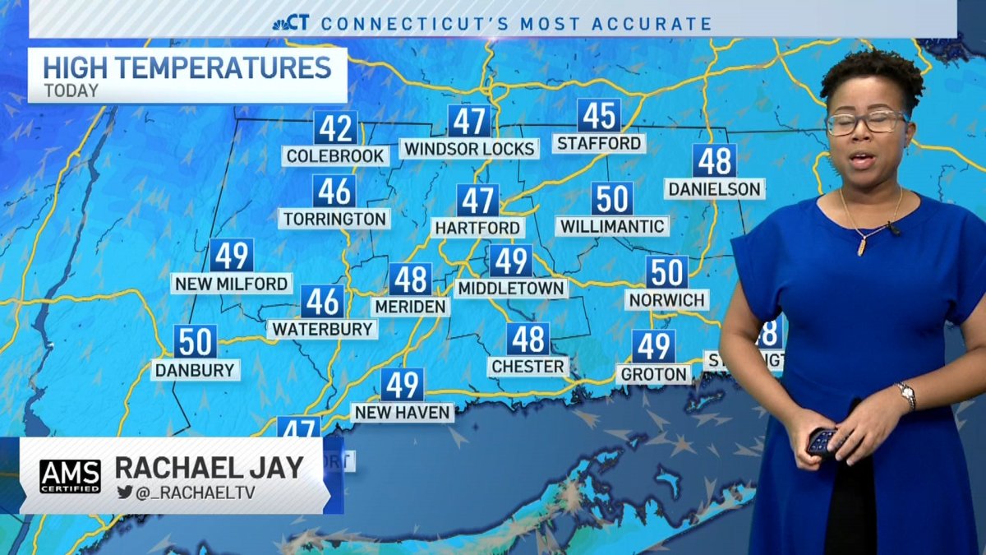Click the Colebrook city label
tap(335, 155)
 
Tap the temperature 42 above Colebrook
tap(335, 128)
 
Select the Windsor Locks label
tap(469, 149)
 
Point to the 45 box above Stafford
tap(598, 116)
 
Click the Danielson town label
tap(714, 189)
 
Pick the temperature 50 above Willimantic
tap(612, 199)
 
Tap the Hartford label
tap(477, 228)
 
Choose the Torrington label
tap(334, 219)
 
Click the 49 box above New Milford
tap(231, 256)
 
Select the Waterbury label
tap(323, 329)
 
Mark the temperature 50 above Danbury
tap(196, 341)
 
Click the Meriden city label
tap(410, 307)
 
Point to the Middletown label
tap(511, 289)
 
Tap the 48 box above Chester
tap(528, 339)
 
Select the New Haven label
tap(403, 412)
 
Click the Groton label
tap(654, 374)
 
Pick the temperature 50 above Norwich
tap(666, 272)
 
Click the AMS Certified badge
tap(70, 476)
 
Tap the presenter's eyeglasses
tap(866, 123)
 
